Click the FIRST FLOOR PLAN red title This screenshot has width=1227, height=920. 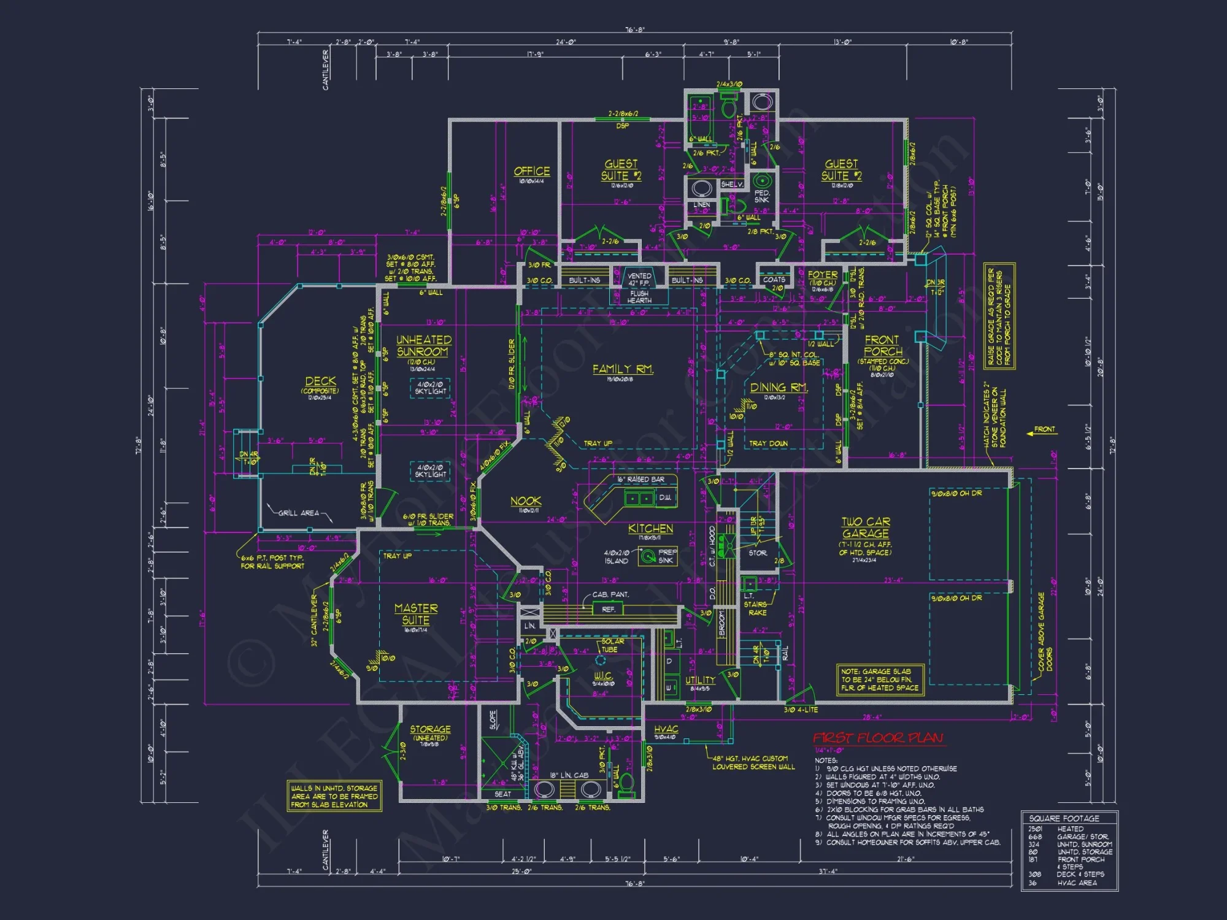(x=878, y=738)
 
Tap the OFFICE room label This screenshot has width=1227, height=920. (x=531, y=172)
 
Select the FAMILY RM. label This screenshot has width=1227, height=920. (x=623, y=369)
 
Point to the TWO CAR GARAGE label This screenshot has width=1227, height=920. (x=865, y=527)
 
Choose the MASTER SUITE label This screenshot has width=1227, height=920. (x=416, y=614)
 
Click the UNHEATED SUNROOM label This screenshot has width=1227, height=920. (x=423, y=346)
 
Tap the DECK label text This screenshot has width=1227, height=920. (x=320, y=381)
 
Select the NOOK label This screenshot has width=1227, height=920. (x=526, y=501)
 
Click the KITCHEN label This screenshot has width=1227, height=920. (x=650, y=529)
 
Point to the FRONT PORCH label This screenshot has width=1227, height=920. (x=882, y=345)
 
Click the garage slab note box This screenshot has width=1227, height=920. (x=880, y=680)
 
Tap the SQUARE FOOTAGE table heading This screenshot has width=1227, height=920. (x=1064, y=818)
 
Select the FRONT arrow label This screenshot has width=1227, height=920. (x=1044, y=429)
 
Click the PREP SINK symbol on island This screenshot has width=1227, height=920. (x=647, y=556)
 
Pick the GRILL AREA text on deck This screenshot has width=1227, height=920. (x=299, y=513)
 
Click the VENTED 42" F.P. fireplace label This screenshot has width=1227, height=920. (x=639, y=280)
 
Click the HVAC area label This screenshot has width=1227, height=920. (x=666, y=729)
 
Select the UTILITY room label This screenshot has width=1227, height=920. (x=700, y=680)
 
